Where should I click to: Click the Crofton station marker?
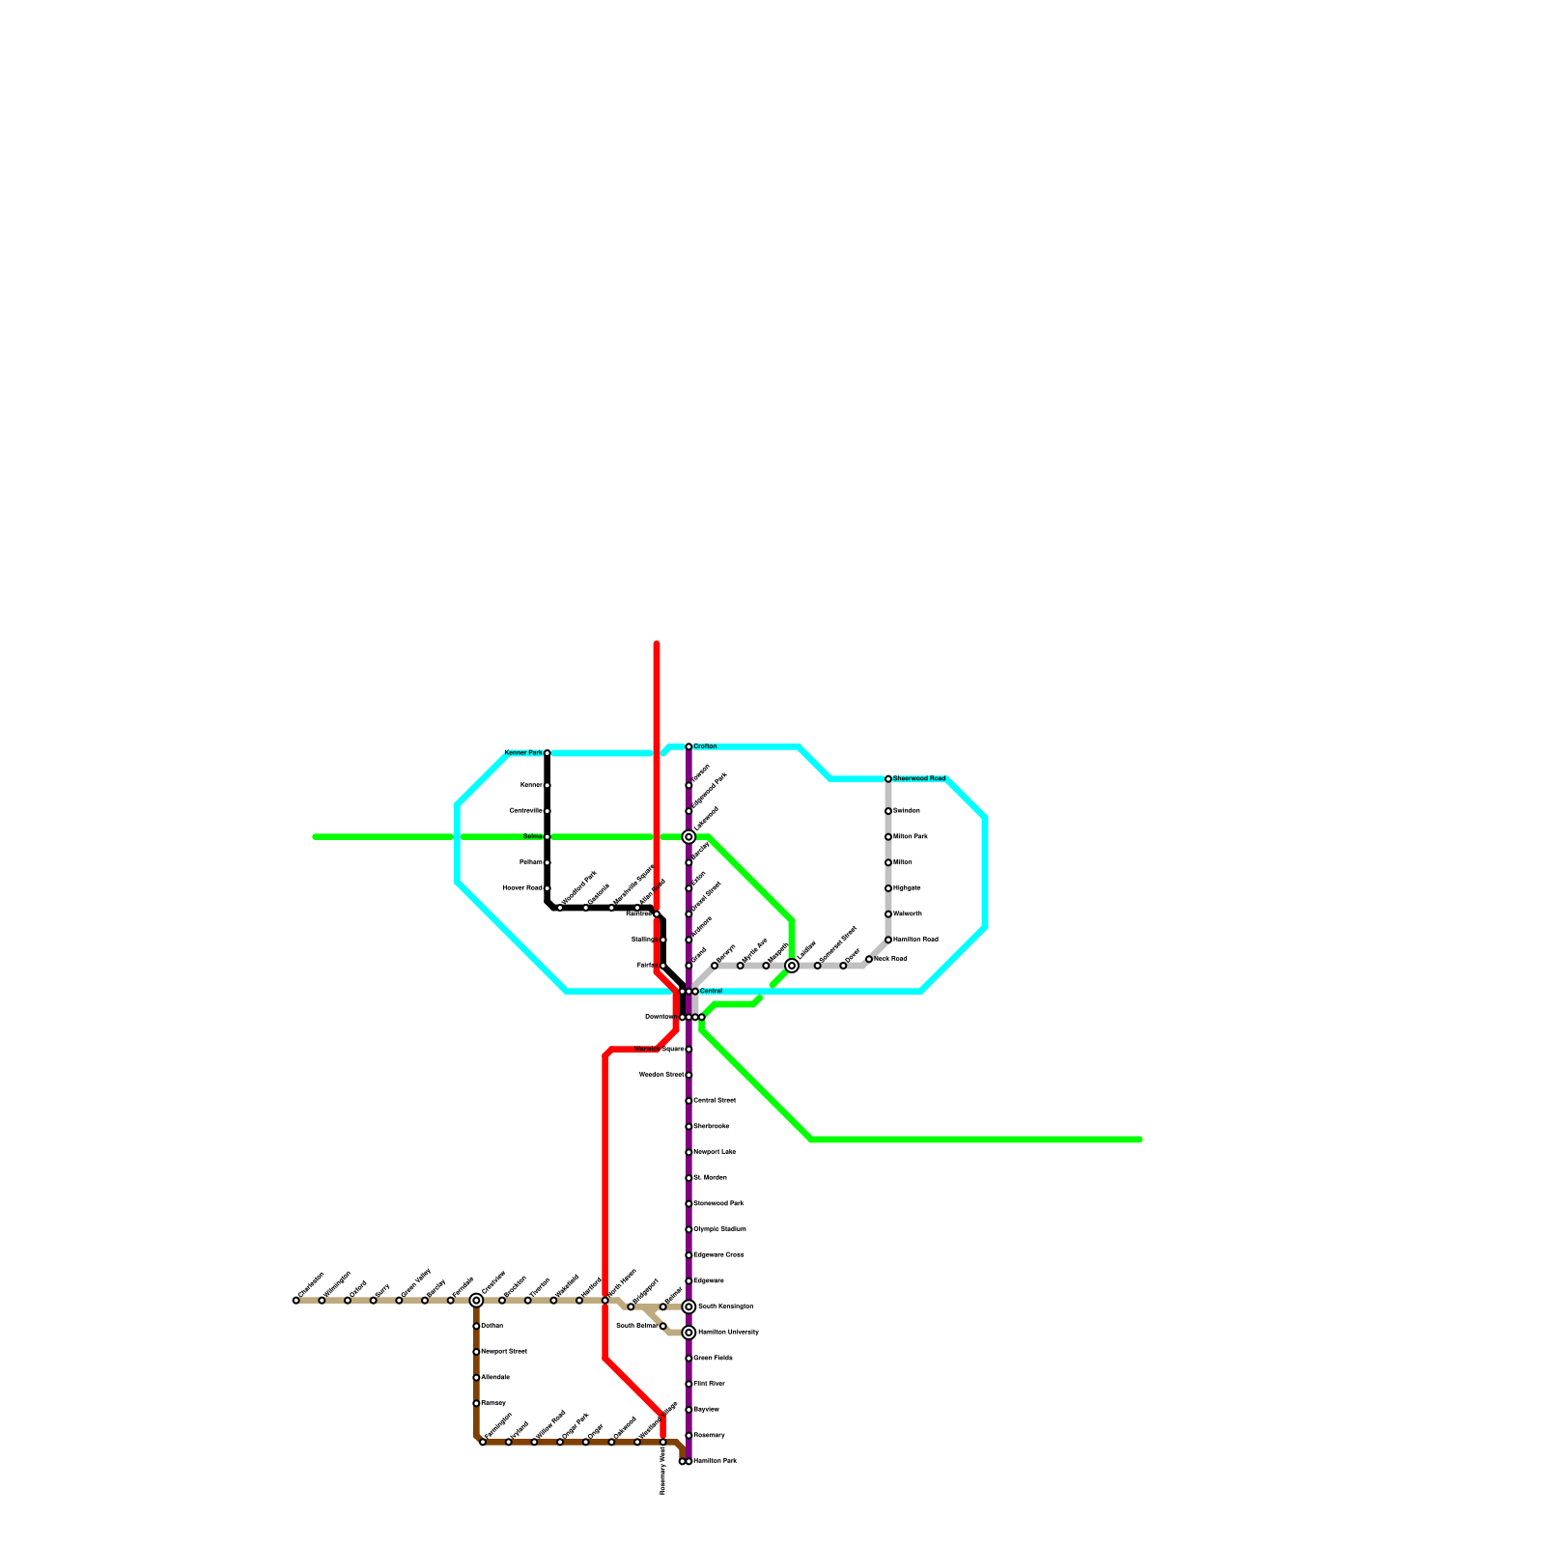pos(688,746)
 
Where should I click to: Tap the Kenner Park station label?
pos(523,753)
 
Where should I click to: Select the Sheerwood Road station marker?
pos(888,778)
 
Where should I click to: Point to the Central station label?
pos(711,992)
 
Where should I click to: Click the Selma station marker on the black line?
pos(548,836)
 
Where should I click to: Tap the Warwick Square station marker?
pos(688,1050)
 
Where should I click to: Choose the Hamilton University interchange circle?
pos(688,1333)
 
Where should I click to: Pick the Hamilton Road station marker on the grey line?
pos(888,940)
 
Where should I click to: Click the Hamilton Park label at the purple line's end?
pos(716,1461)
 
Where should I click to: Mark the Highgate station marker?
pos(888,888)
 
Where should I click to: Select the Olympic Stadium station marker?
pos(688,1229)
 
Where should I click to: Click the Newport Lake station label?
pos(716,1152)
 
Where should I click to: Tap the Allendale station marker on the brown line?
pos(476,1378)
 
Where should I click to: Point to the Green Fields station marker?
pos(688,1359)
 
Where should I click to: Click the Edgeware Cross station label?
pos(719,1255)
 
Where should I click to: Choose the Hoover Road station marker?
pos(548,888)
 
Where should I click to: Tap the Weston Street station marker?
pos(688,1075)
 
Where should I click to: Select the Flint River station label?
pos(710,1384)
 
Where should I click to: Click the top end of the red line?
pos(657,644)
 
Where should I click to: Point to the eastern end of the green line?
pos(1140,1139)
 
